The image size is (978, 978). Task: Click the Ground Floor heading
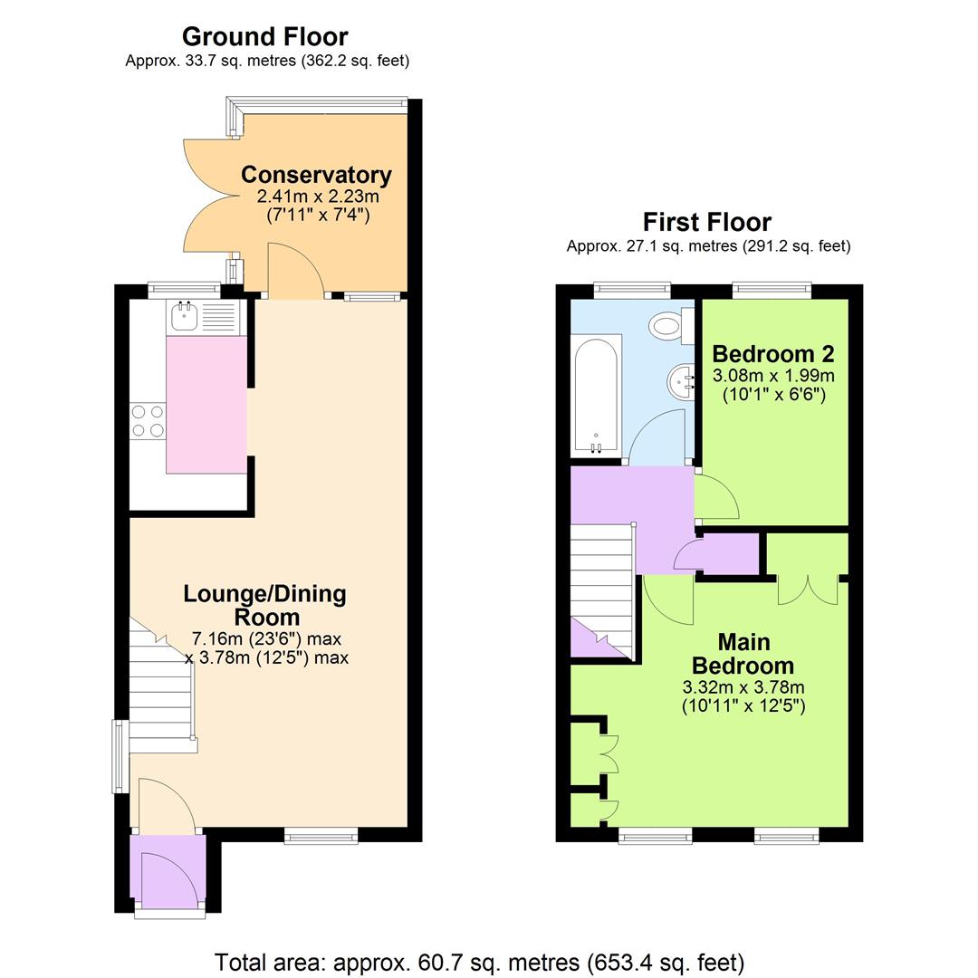coord(264,37)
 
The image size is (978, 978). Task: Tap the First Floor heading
coord(706,222)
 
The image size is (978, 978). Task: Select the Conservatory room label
coord(316,175)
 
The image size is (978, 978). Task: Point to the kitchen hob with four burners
coord(149,422)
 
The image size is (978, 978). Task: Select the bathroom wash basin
coord(682,380)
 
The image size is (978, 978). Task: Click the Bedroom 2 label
coord(772,353)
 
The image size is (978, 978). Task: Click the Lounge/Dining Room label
coord(264,606)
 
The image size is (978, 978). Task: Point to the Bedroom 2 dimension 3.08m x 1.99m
coord(773,375)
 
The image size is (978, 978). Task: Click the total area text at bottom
coord(479,962)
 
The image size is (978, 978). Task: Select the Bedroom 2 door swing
coord(715,497)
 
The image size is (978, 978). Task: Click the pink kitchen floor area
coord(206,404)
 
